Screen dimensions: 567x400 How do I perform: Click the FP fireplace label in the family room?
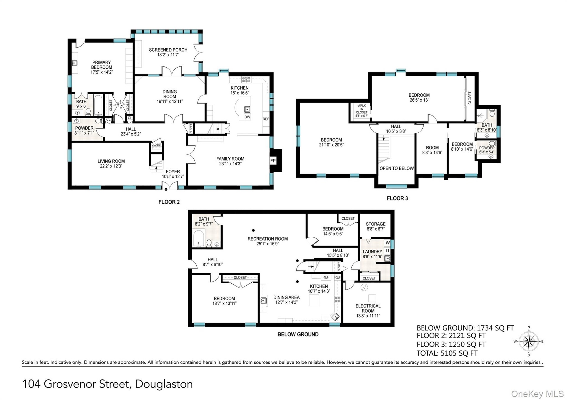273,161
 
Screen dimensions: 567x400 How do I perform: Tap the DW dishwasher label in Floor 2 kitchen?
247,117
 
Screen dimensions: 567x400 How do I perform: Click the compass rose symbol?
529,341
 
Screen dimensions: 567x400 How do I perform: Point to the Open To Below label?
397,168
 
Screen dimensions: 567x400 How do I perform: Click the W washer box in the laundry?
387,243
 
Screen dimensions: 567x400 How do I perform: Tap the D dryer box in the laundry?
387,251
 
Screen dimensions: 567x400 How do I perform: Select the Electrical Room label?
368,308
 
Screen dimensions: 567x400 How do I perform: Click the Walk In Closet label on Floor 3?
362,109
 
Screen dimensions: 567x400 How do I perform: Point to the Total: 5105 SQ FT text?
447,353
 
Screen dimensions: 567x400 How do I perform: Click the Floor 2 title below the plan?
169,202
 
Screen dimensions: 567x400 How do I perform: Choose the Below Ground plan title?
298,334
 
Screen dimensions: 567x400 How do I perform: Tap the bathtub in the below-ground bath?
198,238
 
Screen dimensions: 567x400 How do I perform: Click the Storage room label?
376,224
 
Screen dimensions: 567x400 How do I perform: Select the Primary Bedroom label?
102,65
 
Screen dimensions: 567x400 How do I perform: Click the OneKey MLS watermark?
537,394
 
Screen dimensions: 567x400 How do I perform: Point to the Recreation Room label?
268,239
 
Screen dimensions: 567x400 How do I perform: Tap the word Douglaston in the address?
164,384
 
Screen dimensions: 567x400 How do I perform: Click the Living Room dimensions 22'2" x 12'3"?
111,166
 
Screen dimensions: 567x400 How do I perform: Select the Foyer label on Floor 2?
173,172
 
